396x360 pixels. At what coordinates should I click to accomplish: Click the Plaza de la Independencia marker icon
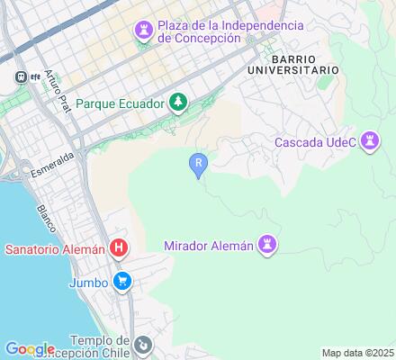tap(143, 31)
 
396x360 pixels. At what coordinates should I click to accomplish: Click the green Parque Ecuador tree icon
tap(178, 103)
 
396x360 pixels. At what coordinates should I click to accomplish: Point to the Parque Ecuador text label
tap(121, 103)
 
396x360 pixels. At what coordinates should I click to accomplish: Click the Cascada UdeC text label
tap(314, 141)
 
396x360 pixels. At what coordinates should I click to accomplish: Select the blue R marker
tap(198, 163)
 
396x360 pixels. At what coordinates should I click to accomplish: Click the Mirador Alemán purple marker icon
tap(267, 244)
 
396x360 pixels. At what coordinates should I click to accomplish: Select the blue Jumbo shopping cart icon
tap(123, 281)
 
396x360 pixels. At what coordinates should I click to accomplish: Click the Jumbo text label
tap(88, 282)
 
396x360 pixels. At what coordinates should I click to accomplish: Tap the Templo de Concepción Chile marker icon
tap(142, 345)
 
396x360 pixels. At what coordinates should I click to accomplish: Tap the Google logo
tap(30, 348)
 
